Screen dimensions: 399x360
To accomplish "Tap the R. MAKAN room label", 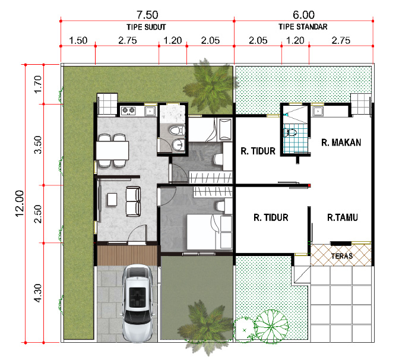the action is [341, 143].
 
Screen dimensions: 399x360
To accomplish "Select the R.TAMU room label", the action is [343, 217].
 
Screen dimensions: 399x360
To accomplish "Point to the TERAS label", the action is [342, 256].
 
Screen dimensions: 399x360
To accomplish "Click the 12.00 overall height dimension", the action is [20, 203].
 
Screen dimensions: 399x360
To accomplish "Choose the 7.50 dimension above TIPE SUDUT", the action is [147, 15].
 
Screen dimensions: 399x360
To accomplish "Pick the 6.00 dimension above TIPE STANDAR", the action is [303, 15].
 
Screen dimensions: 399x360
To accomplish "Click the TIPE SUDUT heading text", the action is [146, 27].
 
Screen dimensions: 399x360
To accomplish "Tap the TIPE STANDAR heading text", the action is [303, 27].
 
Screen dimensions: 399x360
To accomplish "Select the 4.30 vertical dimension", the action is [37, 293].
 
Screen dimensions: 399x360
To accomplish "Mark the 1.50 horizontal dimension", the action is [78, 40].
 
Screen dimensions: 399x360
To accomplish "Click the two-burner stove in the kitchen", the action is [128, 110].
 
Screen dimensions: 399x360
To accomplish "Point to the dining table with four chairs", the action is [112, 150].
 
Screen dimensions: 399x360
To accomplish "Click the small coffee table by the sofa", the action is [112, 200].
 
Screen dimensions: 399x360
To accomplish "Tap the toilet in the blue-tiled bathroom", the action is [292, 132].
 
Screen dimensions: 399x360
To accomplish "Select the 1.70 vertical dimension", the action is [37, 84].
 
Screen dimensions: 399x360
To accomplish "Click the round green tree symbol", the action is [271, 326].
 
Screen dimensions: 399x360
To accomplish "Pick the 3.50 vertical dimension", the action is [37, 144].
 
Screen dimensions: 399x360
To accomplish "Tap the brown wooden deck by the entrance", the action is [127, 255].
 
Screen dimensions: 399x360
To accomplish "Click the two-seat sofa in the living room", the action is [133, 201].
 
